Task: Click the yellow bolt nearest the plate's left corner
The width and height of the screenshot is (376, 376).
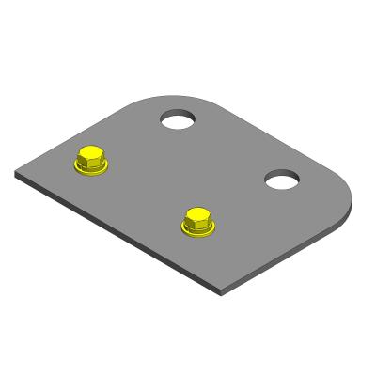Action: (x=91, y=161)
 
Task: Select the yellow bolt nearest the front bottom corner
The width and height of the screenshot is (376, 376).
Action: (x=198, y=223)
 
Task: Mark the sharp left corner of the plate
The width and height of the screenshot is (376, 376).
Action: (x=17, y=173)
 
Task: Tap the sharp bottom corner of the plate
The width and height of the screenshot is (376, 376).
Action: (x=223, y=290)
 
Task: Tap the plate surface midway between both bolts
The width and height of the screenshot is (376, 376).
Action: (x=145, y=192)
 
